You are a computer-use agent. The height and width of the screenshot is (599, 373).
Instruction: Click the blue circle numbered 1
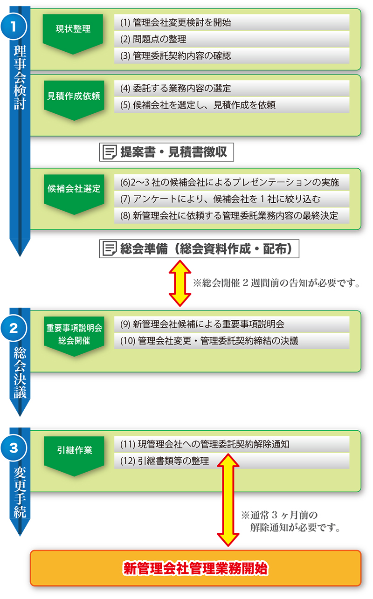pos(14,27)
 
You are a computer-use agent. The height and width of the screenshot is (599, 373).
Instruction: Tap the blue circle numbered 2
pos(14,328)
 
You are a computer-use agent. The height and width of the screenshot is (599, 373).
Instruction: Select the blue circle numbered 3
pos(14,448)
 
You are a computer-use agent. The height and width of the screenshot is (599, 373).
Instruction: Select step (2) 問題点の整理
pos(232,39)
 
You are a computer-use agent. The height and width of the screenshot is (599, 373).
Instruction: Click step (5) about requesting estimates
pos(232,105)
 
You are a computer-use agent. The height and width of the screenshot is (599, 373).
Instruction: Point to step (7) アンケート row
pos(232,199)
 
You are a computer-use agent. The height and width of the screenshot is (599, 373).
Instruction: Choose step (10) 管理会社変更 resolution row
pos(232,341)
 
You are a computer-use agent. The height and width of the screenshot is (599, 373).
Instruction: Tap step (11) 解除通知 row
pos(232,444)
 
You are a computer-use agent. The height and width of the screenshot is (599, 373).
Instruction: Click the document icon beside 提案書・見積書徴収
pos(110,152)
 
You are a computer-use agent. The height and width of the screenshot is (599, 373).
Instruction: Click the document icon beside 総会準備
pos(110,248)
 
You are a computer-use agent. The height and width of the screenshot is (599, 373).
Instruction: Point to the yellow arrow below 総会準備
pos(180,283)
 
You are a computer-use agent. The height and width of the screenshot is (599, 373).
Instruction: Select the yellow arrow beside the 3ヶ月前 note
pos(228,500)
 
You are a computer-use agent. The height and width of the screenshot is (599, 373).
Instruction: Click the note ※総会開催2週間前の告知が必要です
pos(277,282)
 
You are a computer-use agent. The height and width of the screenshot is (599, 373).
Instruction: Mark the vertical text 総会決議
pos(20,372)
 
